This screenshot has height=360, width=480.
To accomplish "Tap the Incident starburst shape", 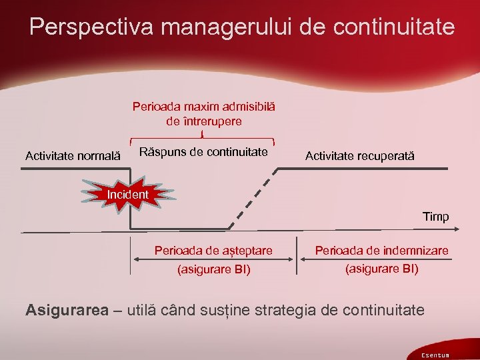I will pos(128,194).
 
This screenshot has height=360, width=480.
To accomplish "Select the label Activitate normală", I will pos(73,156).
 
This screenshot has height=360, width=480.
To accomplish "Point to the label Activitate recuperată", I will pos(359,156).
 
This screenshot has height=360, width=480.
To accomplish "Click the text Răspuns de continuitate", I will pos(203,152).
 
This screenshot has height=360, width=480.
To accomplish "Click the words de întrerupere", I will pos(203,121).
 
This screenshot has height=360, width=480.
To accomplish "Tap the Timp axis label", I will pos(435,217).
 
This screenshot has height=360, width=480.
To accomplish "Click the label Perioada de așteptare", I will pos(213,251).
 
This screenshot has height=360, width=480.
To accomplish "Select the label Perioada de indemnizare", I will pos(381,251).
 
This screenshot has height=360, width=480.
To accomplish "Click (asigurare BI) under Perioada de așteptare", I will pos(213,270).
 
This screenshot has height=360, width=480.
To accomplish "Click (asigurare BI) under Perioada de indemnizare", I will pos(381,269).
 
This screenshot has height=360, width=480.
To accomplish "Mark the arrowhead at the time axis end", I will pos(455,231).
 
